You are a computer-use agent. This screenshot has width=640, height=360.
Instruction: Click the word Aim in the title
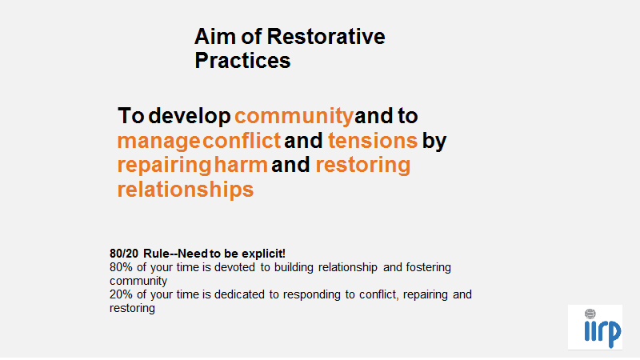pyautogui.click(x=215, y=37)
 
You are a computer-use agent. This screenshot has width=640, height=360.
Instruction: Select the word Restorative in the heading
pyautogui.click(x=326, y=37)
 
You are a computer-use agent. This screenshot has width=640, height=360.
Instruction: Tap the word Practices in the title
pyautogui.click(x=242, y=61)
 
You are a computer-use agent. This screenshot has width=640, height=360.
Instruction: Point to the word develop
pyautogui.click(x=190, y=116)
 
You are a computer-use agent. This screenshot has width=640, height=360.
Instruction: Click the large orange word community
pyautogui.click(x=294, y=117)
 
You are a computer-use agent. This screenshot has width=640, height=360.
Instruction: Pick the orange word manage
pyautogui.click(x=158, y=142)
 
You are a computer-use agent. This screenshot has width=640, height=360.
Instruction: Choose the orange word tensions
pyautogui.click(x=373, y=141)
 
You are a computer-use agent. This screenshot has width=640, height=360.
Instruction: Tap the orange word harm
pyautogui.click(x=241, y=165)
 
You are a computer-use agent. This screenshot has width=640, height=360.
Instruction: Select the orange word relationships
pyautogui.click(x=186, y=190)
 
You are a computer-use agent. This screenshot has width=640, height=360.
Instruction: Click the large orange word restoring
pyautogui.click(x=363, y=166)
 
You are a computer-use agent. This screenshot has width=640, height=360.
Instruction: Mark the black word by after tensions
pyautogui.click(x=434, y=142)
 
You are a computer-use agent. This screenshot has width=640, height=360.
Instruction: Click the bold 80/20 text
pyautogui.click(x=124, y=254)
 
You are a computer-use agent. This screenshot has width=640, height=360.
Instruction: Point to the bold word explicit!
pyautogui.click(x=263, y=254)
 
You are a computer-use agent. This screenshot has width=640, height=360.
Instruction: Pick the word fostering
pyautogui.click(x=429, y=268)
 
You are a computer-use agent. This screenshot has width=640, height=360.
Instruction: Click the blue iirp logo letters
pyautogui.click(x=603, y=334)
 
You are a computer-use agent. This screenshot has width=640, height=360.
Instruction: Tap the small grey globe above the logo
pyautogui.click(x=590, y=314)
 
